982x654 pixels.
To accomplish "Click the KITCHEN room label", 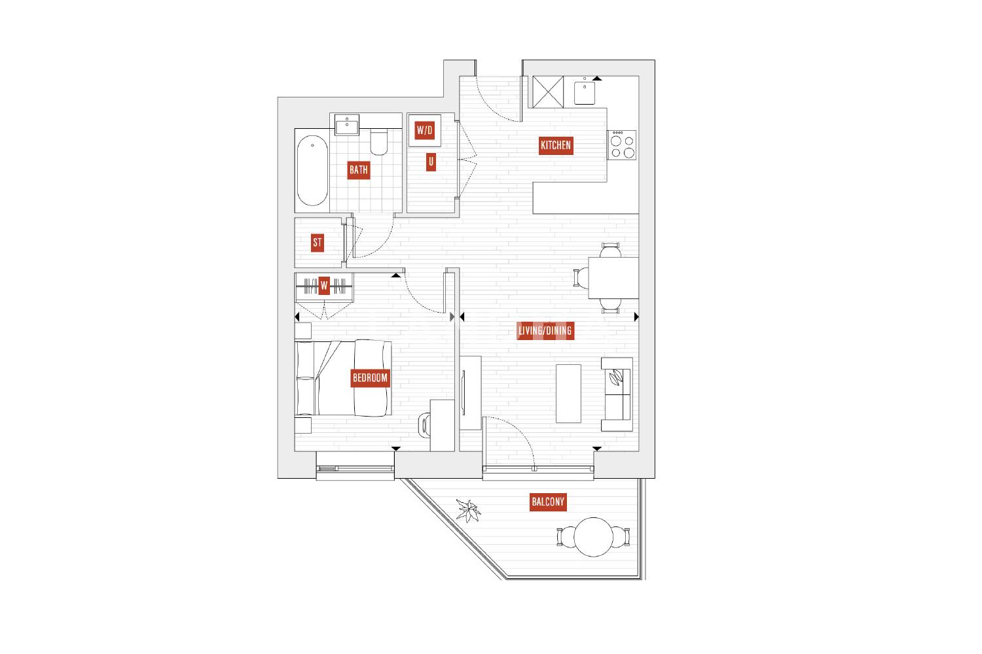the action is [x=555, y=145].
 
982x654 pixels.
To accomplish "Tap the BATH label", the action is [x=358, y=170].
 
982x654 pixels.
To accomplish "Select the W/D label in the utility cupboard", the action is [x=424, y=130].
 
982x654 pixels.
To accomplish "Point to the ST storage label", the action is [x=318, y=242].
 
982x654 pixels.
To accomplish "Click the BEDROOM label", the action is [x=370, y=377].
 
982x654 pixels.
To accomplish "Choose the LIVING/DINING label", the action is [x=545, y=331].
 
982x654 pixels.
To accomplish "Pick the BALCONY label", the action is [x=547, y=502].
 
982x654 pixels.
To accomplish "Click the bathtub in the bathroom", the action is [x=312, y=171].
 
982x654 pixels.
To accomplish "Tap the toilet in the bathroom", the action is [x=379, y=141].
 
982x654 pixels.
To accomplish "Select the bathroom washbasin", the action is [x=347, y=125].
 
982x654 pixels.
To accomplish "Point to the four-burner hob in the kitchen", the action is [x=622, y=145].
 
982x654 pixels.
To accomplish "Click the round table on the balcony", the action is [x=593, y=537].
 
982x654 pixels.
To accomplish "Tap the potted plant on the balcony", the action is [x=468, y=510].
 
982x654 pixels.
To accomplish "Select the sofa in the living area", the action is [x=617, y=394].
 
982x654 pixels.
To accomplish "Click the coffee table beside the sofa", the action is [x=569, y=393].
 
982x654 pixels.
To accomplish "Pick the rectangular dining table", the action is [x=613, y=278].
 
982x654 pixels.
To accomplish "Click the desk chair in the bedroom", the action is [x=424, y=424].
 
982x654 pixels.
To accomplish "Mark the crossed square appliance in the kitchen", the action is [x=548, y=92].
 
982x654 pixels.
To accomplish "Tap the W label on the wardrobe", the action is [x=324, y=286].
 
